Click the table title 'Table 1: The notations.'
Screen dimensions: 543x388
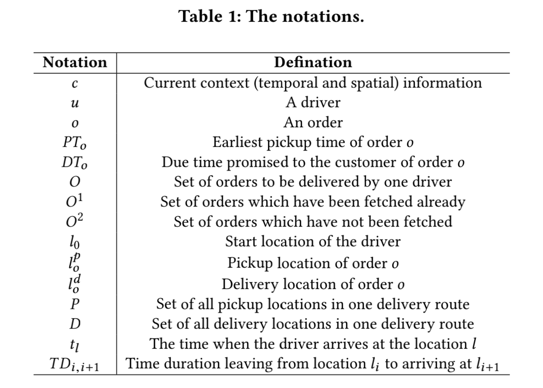coord(271,16)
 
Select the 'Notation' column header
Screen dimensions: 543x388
coord(75,62)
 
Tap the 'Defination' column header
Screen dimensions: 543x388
coord(313,62)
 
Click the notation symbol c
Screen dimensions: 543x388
coord(75,84)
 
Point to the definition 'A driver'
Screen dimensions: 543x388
coord(313,102)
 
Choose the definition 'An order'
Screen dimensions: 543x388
coord(313,123)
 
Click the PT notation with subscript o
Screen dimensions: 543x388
coord(75,143)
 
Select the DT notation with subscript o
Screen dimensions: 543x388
coord(75,163)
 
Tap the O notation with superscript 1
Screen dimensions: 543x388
coord(75,201)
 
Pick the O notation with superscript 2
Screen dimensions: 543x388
coord(75,221)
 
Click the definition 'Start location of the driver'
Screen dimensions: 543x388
coord(313,242)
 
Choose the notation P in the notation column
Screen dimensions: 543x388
coord(75,304)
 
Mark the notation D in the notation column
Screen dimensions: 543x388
coord(75,324)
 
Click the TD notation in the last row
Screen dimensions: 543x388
coord(75,364)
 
